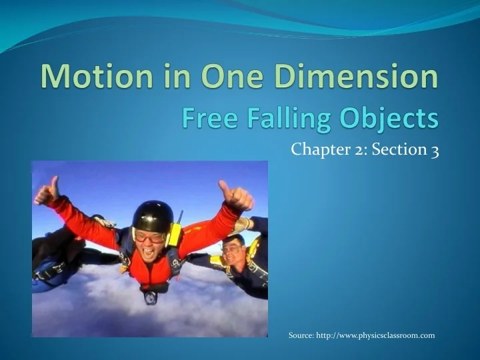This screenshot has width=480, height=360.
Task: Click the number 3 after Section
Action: [435, 149]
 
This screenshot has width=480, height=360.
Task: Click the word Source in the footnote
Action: [301, 335]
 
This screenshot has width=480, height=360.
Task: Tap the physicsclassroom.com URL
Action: [379, 335]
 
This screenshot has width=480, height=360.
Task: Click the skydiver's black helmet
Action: [152, 215]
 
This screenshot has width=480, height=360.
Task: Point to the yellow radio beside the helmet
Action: [175, 233]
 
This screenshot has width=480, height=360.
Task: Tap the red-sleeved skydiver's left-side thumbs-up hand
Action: [47, 193]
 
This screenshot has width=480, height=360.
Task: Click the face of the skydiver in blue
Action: [234, 251]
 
